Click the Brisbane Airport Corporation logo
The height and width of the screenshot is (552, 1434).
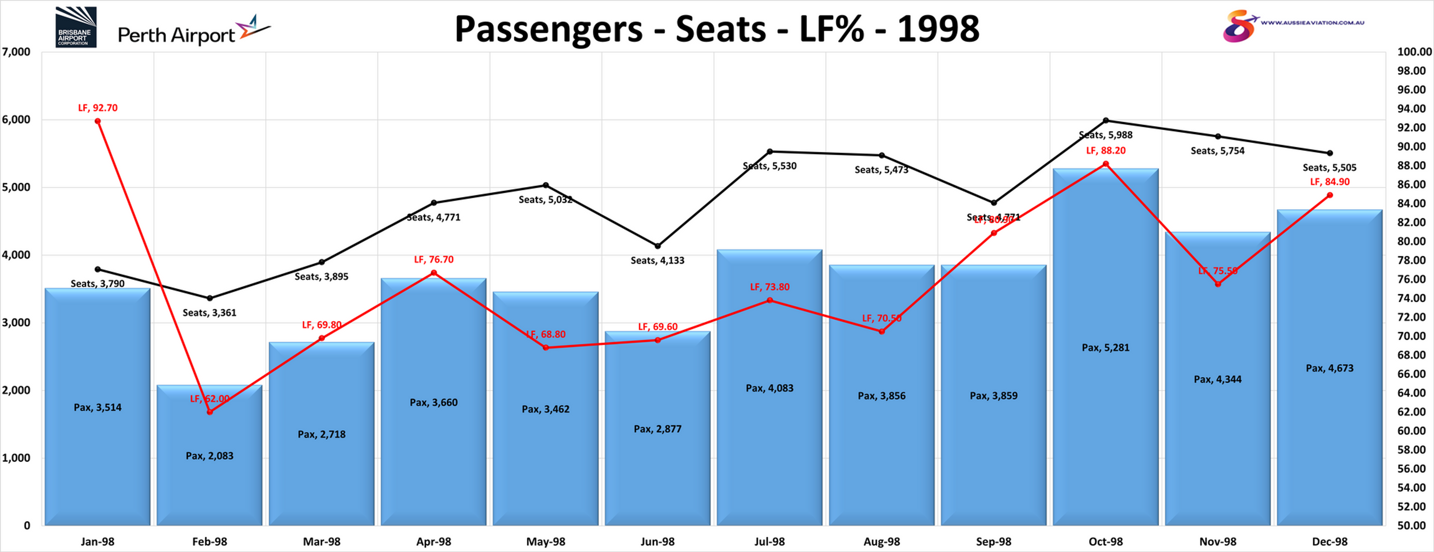(x=76, y=27)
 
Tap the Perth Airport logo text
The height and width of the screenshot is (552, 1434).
(x=176, y=35)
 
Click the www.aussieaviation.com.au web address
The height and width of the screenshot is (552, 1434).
(x=1312, y=23)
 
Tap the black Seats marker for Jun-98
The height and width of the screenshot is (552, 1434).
(x=658, y=246)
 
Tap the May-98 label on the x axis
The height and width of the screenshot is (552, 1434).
(x=546, y=541)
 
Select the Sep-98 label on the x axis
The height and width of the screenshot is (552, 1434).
(x=994, y=541)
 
